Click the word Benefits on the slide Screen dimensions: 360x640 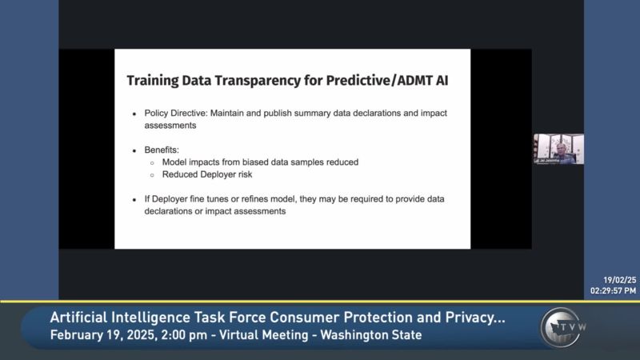click(162, 149)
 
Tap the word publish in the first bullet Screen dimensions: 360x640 click(302, 114)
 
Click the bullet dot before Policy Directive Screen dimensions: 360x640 click(134, 114)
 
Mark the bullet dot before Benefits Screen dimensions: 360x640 click(134, 150)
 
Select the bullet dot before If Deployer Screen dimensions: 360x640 click(134, 200)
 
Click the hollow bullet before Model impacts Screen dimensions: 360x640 click(152, 162)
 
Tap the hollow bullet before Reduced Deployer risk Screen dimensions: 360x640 click(152, 174)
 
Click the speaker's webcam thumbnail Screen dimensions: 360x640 click(558, 149)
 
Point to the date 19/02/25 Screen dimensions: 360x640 click(619, 280)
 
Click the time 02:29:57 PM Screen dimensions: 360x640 click(614, 290)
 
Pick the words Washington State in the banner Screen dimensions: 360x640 click(370, 334)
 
